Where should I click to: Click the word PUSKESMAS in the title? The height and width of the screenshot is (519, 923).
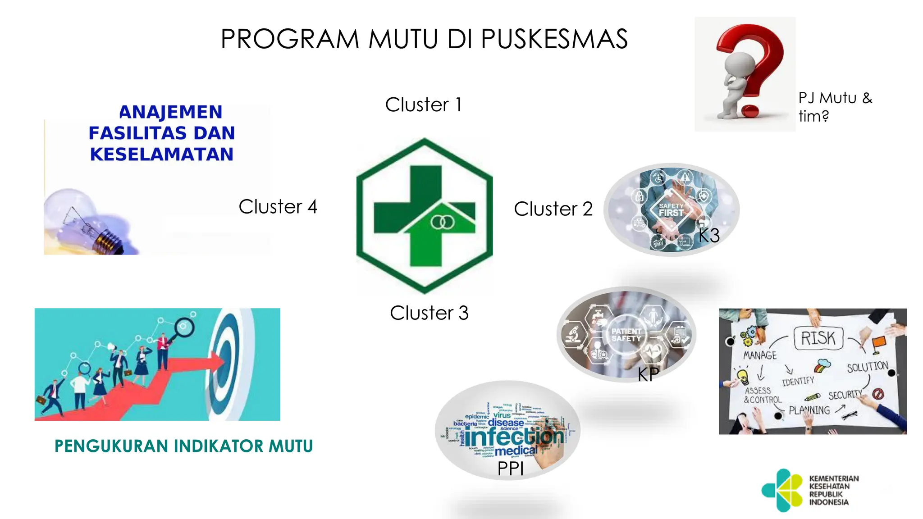(554, 39)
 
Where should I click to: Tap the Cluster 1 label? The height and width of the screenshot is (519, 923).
(423, 105)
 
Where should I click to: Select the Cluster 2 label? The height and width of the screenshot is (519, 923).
(553, 209)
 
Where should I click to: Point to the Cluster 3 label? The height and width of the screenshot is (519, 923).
(429, 313)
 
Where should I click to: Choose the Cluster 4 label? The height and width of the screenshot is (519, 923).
(278, 207)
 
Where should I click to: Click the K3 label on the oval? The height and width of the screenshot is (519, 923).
(709, 236)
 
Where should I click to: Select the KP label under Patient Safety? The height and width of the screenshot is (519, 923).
(648, 374)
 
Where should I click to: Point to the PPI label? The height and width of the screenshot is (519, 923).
(510, 469)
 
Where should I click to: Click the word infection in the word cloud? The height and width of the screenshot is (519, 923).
(514, 436)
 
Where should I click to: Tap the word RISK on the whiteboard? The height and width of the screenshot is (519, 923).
(818, 338)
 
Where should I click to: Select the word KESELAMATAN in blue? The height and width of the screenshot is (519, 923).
(162, 154)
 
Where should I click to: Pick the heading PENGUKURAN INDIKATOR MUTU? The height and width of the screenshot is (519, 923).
(183, 446)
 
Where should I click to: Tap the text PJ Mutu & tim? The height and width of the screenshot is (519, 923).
(835, 107)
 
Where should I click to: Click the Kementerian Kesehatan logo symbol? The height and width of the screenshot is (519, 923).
(782, 490)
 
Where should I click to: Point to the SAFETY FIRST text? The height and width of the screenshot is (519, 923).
(671, 209)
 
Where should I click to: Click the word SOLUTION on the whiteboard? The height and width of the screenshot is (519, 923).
(867, 367)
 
